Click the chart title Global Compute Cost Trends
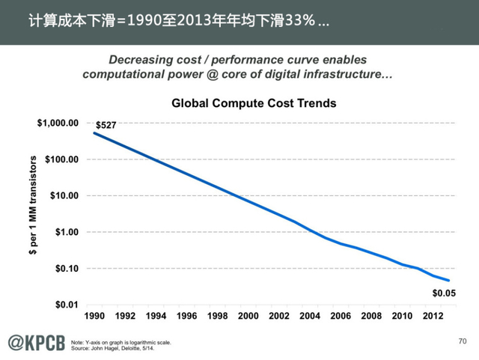(255, 103)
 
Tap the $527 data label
(106, 125)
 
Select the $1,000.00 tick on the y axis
(58, 123)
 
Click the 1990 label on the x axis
(94, 316)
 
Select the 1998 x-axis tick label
(217, 316)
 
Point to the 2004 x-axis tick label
(310, 316)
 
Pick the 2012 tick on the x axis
(433, 316)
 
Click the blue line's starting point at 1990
(94, 133)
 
